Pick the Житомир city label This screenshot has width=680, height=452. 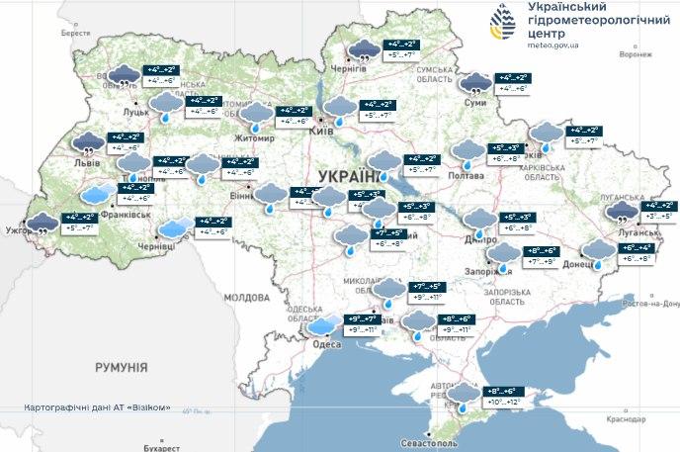[252, 138]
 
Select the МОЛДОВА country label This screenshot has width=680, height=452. [246, 297]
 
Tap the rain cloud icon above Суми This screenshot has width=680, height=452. [475, 83]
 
